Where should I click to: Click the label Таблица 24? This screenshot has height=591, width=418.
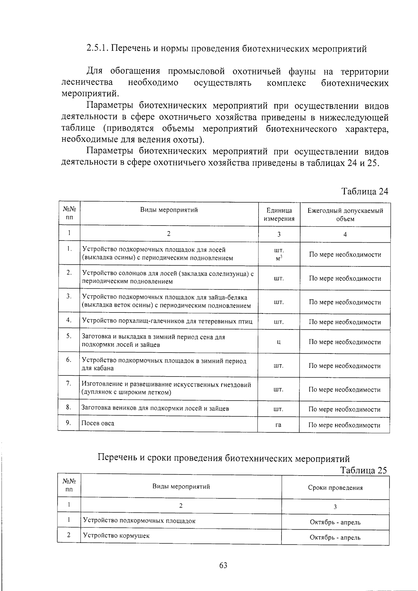click(x=364, y=191)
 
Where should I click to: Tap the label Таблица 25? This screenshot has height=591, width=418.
click(x=364, y=470)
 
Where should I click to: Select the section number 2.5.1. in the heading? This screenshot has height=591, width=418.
click(x=98, y=49)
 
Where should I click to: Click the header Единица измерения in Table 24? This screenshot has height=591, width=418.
click(x=279, y=215)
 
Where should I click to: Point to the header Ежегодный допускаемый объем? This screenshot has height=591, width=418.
click(x=345, y=215)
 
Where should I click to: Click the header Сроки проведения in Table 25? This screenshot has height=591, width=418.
click(x=335, y=488)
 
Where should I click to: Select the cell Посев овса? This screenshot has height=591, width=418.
click(x=98, y=423)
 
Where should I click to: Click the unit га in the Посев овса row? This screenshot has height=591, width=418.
click(x=278, y=425)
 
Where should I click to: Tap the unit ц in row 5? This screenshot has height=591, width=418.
click(x=279, y=342)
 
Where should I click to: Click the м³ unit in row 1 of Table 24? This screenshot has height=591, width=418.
click(x=279, y=258)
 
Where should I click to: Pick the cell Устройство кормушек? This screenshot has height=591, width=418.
click(x=116, y=536)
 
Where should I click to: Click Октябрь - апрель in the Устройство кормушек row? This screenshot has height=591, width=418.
click(x=335, y=537)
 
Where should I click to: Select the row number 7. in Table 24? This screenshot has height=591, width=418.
click(x=69, y=384)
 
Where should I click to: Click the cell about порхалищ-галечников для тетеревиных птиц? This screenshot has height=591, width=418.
click(x=167, y=321)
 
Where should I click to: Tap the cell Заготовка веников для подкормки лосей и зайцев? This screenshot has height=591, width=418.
click(x=155, y=408)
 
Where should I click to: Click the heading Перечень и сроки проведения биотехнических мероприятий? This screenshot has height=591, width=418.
click(x=223, y=458)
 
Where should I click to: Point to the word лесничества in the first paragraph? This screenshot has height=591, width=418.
click(x=87, y=83)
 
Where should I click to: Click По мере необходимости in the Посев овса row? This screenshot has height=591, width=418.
click(x=345, y=425)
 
